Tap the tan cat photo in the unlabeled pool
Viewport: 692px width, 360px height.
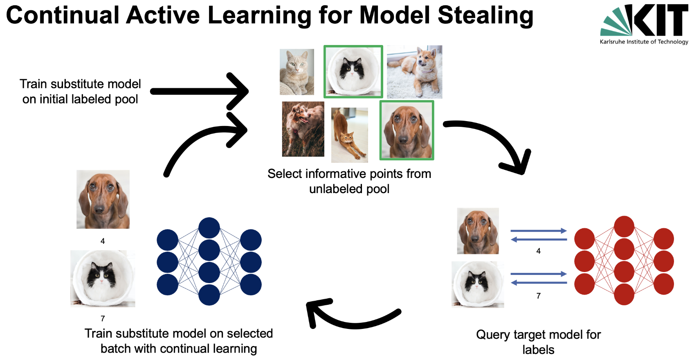(x=297, y=72)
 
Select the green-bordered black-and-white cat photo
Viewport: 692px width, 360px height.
(x=353, y=72)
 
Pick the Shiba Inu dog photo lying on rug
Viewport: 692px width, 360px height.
(x=414, y=72)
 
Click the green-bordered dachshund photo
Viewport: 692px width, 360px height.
(x=407, y=130)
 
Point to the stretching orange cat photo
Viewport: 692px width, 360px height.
(x=349, y=135)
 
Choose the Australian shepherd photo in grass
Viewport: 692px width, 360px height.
(x=303, y=129)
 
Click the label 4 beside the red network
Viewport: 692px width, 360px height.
(x=538, y=251)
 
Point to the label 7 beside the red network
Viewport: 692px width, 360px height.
(x=538, y=296)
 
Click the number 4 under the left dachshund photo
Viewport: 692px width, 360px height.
(x=103, y=241)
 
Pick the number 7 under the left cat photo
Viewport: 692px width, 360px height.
(x=103, y=318)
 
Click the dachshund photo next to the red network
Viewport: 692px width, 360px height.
(x=478, y=231)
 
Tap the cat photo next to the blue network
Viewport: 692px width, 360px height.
(x=103, y=279)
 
